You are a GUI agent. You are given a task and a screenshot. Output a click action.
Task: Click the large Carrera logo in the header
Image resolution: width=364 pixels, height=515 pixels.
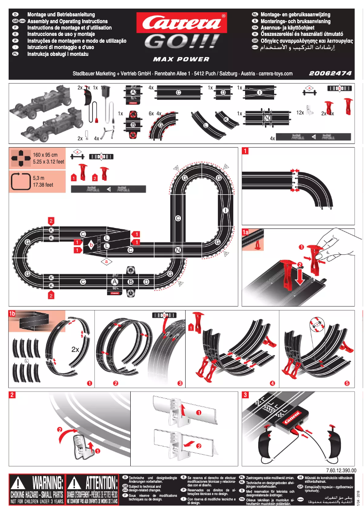182,22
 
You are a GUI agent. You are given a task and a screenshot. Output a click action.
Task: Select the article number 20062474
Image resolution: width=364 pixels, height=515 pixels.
330,73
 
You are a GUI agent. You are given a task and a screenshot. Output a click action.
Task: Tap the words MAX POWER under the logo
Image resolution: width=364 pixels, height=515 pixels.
181,59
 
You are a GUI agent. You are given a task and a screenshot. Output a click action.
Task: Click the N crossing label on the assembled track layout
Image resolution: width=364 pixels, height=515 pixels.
178,250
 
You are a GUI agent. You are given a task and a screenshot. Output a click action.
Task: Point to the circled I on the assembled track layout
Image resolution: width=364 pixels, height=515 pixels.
226,210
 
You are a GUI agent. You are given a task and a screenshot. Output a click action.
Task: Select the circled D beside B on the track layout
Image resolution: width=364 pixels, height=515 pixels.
146,282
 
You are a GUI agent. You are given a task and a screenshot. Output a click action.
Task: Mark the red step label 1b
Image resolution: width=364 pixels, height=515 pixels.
12,313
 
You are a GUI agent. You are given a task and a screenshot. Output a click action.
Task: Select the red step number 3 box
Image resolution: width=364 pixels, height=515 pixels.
245,395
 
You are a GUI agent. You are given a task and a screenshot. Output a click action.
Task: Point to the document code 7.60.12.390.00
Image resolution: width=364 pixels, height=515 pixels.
341,470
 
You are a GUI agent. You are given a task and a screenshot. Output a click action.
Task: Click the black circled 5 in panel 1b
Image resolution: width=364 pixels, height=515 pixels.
347,383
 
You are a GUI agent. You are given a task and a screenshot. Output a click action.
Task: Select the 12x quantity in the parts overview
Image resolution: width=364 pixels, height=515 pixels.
300,112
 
